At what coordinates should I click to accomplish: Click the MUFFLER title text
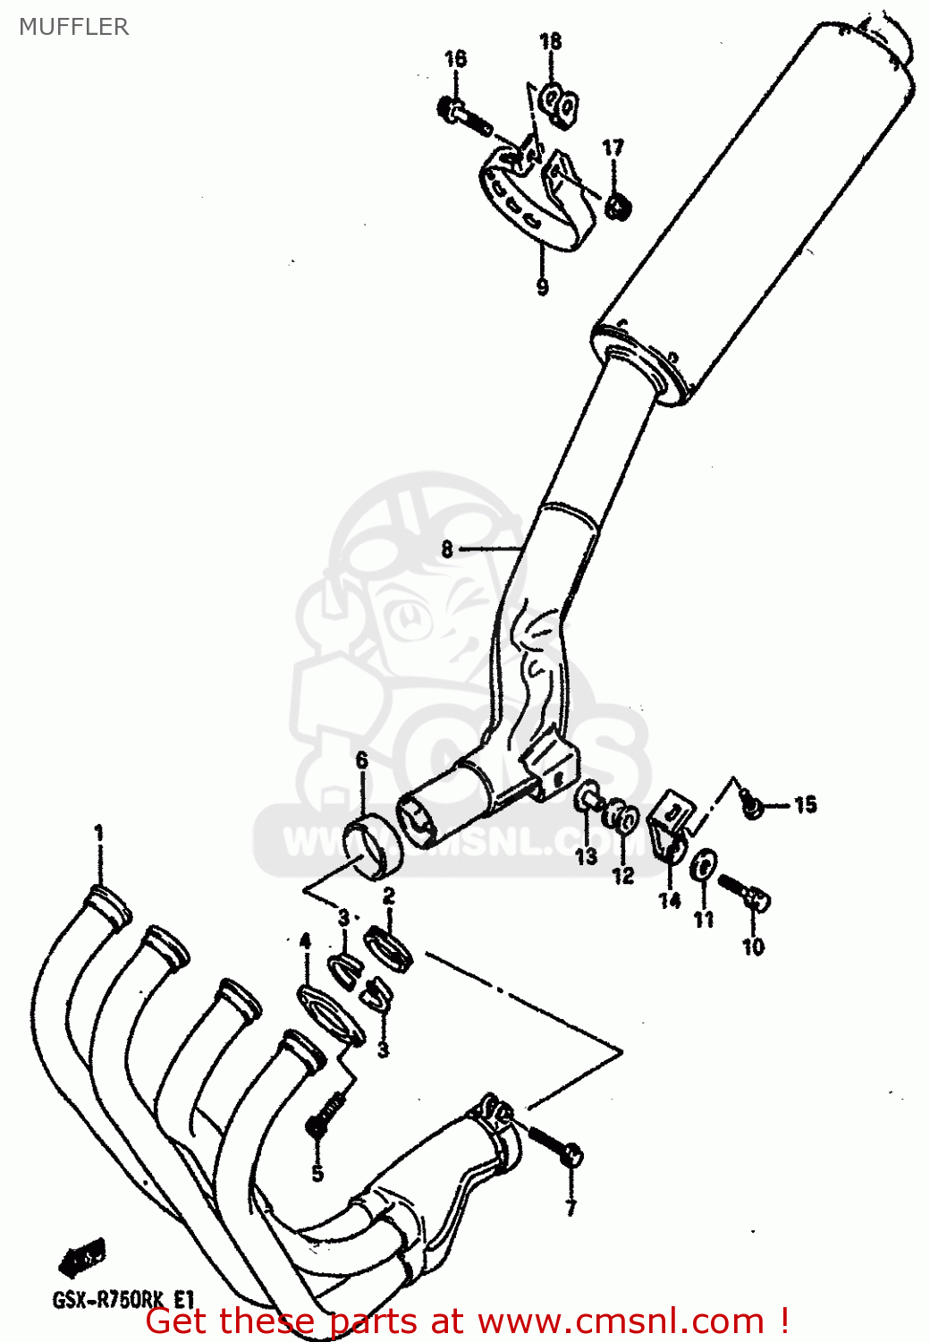[x=74, y=27]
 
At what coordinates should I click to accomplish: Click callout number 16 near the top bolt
[x=455, y=59]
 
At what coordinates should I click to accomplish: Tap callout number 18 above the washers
[x=551, y=41]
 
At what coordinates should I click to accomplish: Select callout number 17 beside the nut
[x=613, y=148]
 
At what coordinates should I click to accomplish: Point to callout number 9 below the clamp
[x=542, y=286]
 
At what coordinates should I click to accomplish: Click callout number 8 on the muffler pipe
[x=447, y=549]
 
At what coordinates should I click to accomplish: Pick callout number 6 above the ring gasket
[x=361, y=760]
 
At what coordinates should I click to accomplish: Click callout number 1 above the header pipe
[x=99, y=833]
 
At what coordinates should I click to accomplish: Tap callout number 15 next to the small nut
[x=805, y=804]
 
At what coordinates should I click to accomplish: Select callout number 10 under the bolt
[x=753, y=946]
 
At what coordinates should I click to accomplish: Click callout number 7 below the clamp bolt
[x=571, y=1208]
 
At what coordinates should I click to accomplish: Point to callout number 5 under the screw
[x=317, y=1173]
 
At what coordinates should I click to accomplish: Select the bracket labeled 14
[x=670, y=828]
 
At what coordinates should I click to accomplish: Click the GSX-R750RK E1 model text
[x=123, y=1300]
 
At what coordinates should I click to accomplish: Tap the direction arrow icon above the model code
[x=82, y=1257]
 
